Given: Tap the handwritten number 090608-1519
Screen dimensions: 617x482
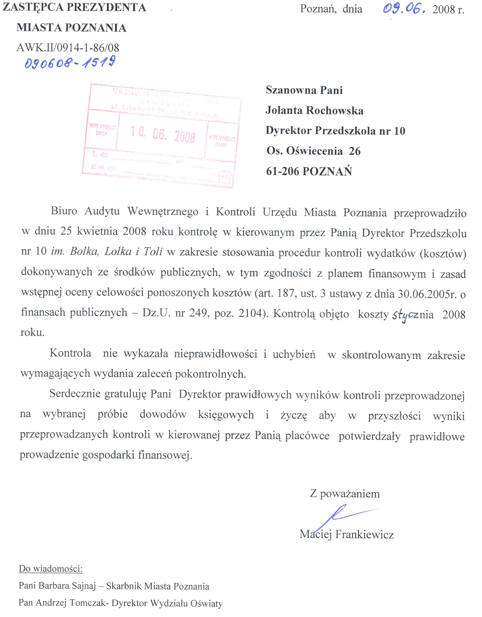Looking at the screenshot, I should coord(70,63).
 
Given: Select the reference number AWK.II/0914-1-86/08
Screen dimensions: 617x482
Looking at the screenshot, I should coord(68,48).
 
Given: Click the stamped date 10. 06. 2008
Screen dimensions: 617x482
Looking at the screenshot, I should coord(163,135).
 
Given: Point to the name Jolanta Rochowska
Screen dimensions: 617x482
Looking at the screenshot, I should coord(315,110).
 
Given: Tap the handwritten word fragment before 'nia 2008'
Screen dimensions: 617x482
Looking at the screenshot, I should coord(405,315).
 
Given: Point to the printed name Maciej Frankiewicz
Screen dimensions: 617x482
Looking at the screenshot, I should coord(347,534).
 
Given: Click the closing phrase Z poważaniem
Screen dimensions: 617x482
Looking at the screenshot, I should coord(345,494).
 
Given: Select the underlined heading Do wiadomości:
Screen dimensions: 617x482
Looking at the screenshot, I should coord(50,569).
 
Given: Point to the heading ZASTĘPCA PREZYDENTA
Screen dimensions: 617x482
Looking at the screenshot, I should coord(74,7).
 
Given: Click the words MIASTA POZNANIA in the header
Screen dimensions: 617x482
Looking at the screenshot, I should coord(72,28).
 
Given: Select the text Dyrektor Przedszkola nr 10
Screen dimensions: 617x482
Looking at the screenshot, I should coord(335,131).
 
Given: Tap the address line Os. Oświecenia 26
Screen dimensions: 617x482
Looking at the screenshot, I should coord(313,151).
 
